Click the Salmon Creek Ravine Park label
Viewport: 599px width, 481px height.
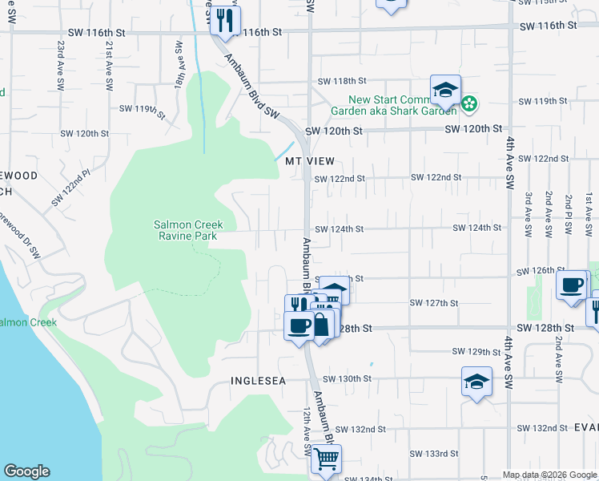pyautogui.click(x=188, y=230)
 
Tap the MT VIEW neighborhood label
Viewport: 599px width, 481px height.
pyautogui.click(x=310, y=161)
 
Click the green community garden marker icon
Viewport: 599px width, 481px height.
pyautogui.click(x=470, y=103)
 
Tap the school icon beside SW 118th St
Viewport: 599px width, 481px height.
pyautogui.click(x=445, y=90)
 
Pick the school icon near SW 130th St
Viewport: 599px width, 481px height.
pyautogui.click(x=476, y=381)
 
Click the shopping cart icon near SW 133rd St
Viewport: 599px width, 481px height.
pyautogui.click(x=326, y=459)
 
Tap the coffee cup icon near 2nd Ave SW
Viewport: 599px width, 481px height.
pyautogui.click(x=573, y=285)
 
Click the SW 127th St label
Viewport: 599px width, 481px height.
pyautogui.click(x=433, y=303)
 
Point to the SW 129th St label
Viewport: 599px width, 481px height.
pyautogui.click(x=476, y=352)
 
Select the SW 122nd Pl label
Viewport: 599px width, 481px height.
pyautogui.click(x=70, y=188)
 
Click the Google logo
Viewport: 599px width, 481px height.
pyautogui.click(x=26, y=471)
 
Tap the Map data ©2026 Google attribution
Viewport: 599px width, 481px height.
pyautogui.click(x=550, y=475)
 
